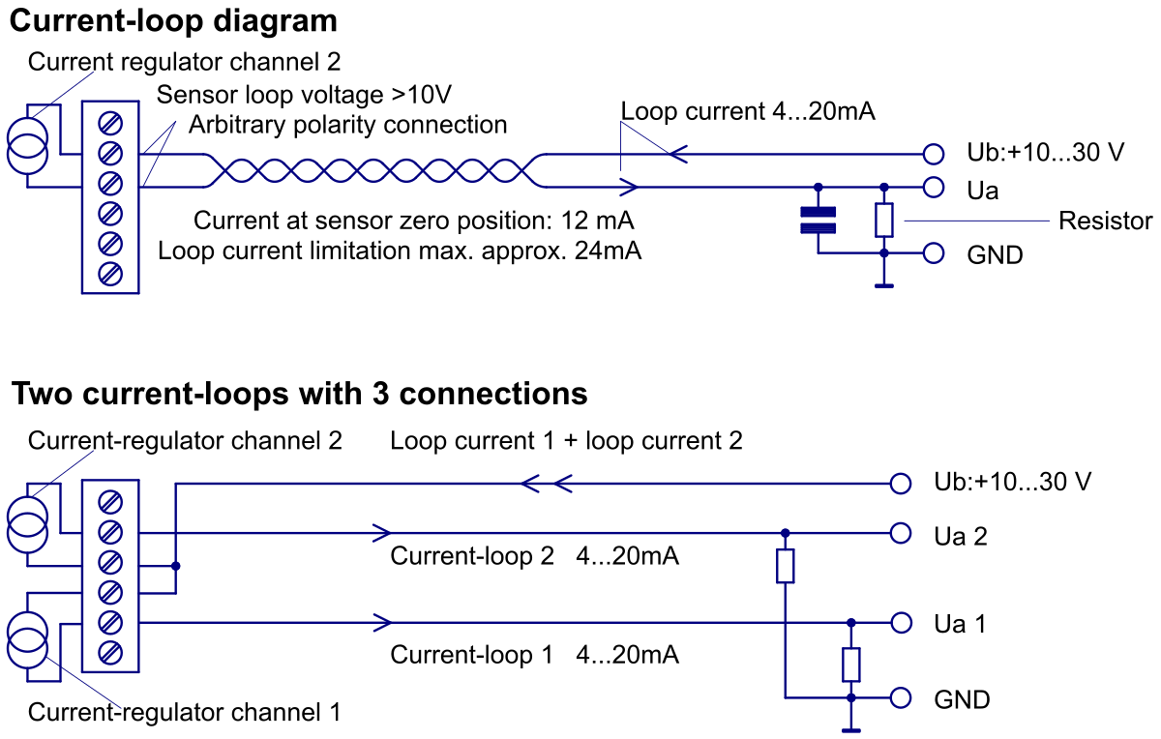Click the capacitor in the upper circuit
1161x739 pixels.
[x=819, y=220]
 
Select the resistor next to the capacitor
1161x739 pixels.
[x=884, y=220]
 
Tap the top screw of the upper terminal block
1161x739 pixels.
[x=110, y=123]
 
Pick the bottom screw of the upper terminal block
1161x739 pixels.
[x=110, y=274]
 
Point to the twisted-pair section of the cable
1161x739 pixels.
[x=372, y=171]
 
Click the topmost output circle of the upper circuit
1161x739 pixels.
[x=934, y=155]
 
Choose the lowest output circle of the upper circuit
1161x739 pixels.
[x=934, y=253]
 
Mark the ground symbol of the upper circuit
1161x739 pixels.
[x=884, y=284]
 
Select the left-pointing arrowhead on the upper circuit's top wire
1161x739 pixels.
[x=677, y=155]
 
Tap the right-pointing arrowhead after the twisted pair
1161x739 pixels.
[x=630, y=187]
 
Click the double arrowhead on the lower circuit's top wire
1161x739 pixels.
[x=546, y=484]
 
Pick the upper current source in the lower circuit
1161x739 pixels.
[x=27, y=524]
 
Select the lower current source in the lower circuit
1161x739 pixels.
[x=27, y=639]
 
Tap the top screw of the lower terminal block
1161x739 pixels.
[x=110, y=502]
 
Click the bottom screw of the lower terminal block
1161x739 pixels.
[x=110, y=653]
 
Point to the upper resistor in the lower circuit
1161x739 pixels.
[x=786, y=566]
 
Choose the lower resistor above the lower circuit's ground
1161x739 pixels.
[x=851, y=665]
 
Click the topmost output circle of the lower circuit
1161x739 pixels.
[x=901, y=484]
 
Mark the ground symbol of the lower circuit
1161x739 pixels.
[x=851, y=729]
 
